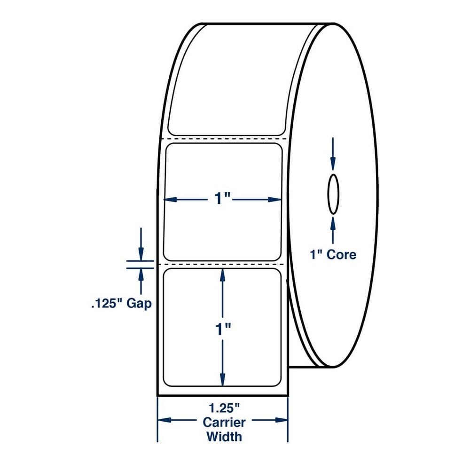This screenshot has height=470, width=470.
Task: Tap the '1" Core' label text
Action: pyautogui.click(x=333, y=255)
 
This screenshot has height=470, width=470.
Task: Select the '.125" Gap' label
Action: pyautogui.click(x=121, y=303)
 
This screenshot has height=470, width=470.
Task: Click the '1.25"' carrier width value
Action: pyautogui.click(x=225, y=408)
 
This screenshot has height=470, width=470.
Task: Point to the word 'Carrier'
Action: pyautogui.click(x=224, y=423)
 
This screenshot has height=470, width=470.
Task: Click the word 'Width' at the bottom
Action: pyautogui.click(x=224, y=437)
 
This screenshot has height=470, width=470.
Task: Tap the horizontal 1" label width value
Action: pyautogui.click(x=222, y=198)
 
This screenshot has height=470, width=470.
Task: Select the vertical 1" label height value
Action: pyautogui.click(x=223, y=329)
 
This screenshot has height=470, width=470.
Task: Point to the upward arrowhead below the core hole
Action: pyautogui.click(x=333, y=223)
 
